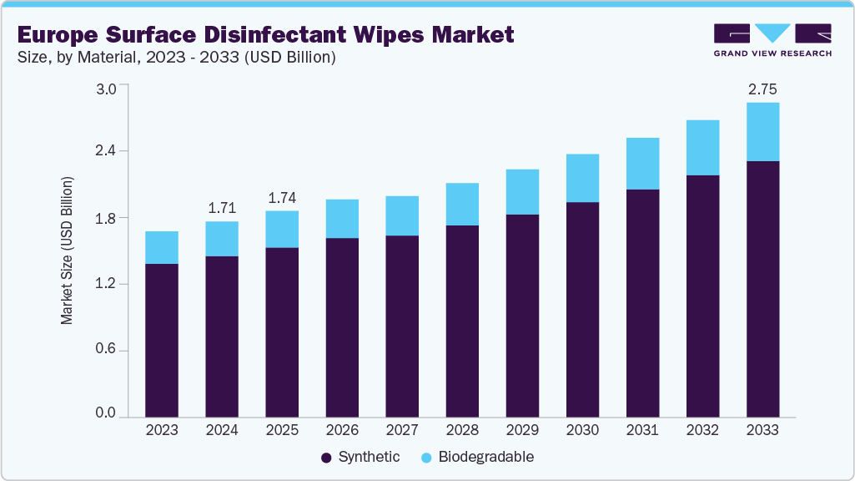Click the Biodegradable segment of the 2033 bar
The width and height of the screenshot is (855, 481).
[x=762, y=132]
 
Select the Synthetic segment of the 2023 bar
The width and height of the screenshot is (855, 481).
[x=162, y=340]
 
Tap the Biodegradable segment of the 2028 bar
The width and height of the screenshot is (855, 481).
[x=462, y=204]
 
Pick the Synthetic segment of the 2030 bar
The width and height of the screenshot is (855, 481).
[x=582, y=309]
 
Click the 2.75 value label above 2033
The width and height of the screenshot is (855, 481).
[x=762, y=89]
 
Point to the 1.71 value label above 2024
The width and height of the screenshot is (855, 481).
[x=222, y=207]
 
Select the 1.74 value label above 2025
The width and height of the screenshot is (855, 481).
[x=282, y=198]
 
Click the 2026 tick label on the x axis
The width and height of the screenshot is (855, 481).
[x=342, y=431]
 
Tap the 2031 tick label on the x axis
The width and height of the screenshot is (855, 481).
[x=642, y=431]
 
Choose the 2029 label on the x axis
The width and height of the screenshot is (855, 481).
[x=522, y=431]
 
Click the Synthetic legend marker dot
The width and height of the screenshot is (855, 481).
[x=326, y=458]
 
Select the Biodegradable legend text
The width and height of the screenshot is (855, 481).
[x=486, y=458]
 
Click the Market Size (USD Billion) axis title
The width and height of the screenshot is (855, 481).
[x=67, y=251]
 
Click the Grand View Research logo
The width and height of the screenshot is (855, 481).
[x=772, y=40]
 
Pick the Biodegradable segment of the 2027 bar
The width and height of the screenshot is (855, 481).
[x=402, y=215]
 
